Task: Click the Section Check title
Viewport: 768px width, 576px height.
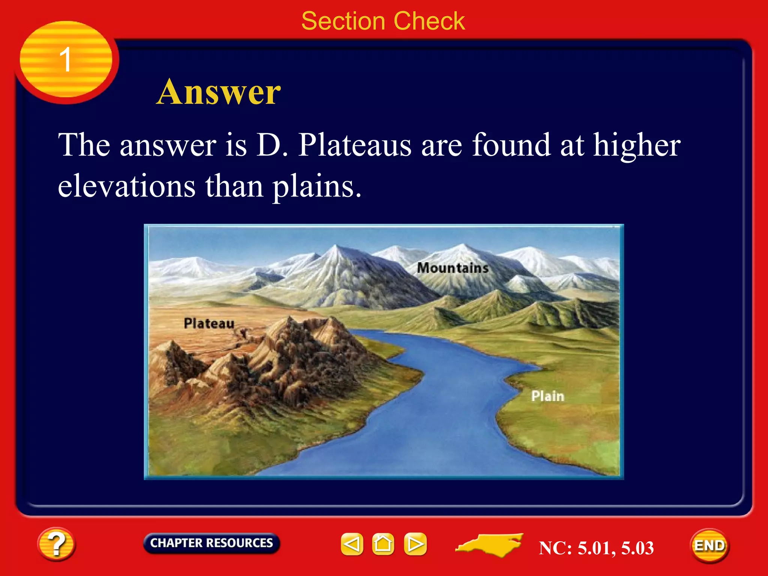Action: (383, 21)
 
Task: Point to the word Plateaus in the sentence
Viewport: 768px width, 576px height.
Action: (355, 145)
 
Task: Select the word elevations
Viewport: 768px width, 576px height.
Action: (126, 186)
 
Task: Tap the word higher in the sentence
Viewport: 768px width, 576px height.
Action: (636, 145)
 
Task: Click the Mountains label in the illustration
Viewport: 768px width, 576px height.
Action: (453, 268)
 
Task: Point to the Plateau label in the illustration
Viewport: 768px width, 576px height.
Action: (209, 323)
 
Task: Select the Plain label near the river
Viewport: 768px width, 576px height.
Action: (547, 396)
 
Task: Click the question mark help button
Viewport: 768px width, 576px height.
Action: (56, 544)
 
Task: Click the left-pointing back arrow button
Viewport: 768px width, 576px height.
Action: (352, 544)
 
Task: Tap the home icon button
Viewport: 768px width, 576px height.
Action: (383, 544)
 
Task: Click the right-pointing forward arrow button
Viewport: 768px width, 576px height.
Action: (415, 544)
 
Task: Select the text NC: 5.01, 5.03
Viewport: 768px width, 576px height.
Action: (596, 548)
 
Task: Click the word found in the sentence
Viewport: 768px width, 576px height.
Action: (511, 145)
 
